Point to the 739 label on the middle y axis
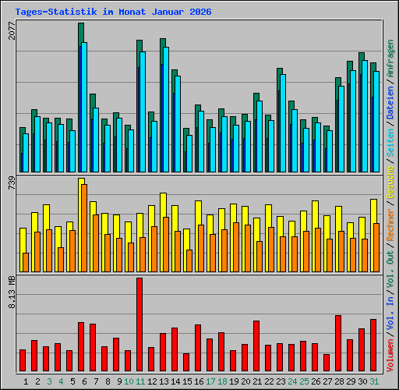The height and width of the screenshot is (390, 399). tap(11, 183)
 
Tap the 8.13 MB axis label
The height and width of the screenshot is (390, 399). tap(11, 293)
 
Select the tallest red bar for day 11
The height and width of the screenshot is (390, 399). tap(139, 324)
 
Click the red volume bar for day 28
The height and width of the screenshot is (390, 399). tap(338, 343)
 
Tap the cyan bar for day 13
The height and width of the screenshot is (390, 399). tap(166, 109)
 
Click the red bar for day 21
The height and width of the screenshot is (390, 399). tap(256, 346)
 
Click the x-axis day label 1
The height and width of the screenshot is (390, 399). tap(26, 381)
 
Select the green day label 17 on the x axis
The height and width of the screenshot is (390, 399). tap(210, 381)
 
